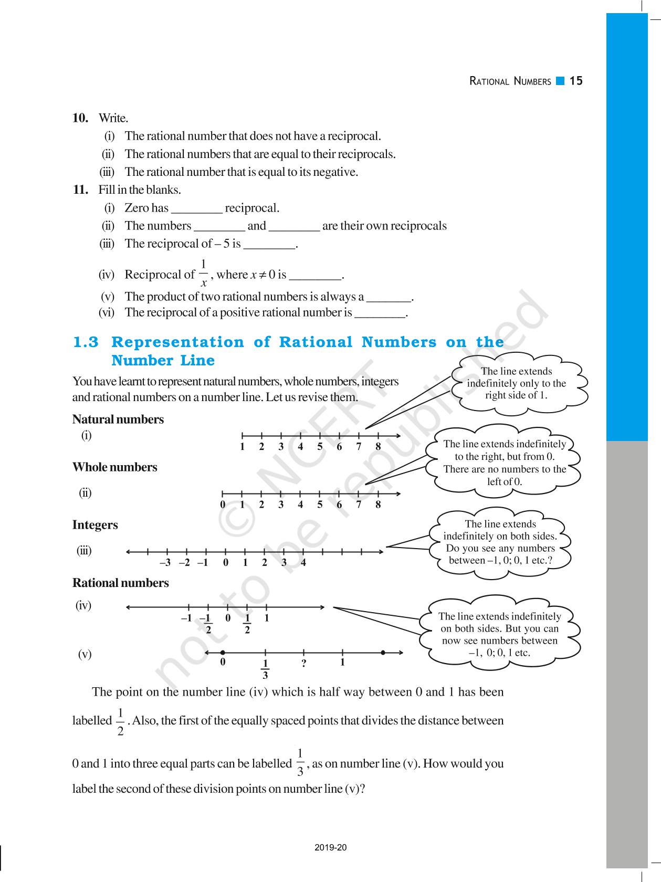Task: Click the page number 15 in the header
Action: point(576,81)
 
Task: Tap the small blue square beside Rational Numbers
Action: point(560,81)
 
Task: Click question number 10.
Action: point(80,118)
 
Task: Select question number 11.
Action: point(80,190)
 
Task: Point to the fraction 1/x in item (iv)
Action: point(204,273)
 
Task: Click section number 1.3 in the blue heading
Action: point(86,342)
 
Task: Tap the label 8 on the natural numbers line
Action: point(378,447)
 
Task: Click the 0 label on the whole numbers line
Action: point(223,505)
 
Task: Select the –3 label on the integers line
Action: point(165,563)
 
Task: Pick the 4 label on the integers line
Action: point(303,563)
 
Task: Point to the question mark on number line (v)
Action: point(303,664)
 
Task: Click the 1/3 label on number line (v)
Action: point(265,669)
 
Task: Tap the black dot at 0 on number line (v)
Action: point(223,653)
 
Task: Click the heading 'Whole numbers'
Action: point(114,467)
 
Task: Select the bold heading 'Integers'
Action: point(95,525)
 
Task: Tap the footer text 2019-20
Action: point(331,847)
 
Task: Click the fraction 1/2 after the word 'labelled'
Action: point(120,722)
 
